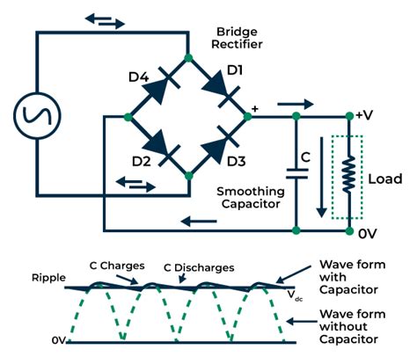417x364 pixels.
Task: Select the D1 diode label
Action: click(233, 69)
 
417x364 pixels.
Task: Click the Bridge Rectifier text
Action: click(240, 36)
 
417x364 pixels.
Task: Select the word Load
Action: click(385, 178)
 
